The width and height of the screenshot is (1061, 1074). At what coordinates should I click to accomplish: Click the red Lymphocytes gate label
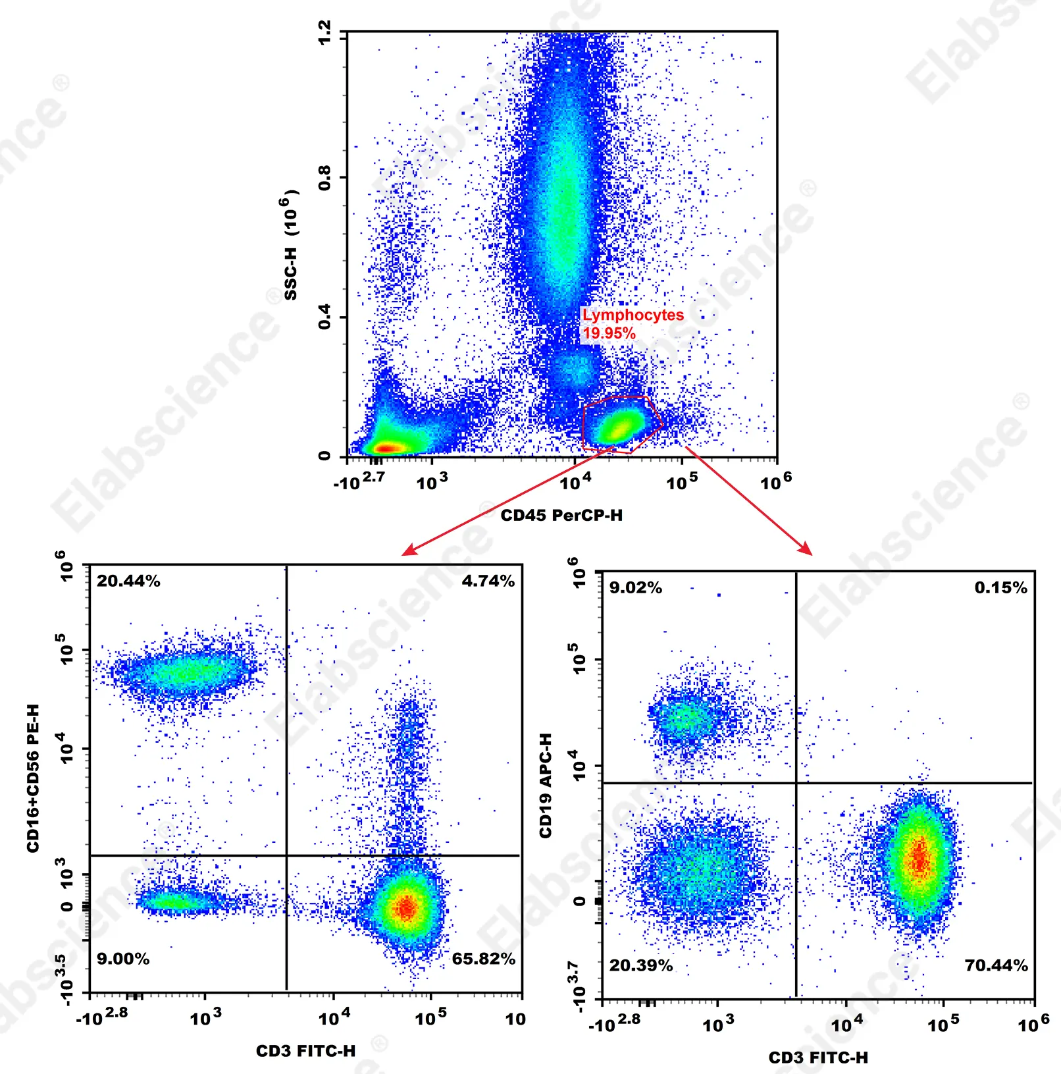point(633,315)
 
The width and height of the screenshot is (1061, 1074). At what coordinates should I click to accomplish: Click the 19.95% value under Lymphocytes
point(609,333)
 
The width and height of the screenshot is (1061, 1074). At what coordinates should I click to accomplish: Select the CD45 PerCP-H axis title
point(561,515)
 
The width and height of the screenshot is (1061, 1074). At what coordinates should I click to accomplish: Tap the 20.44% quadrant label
point(128,581)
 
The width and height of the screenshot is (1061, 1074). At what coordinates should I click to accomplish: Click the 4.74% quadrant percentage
point(488,581)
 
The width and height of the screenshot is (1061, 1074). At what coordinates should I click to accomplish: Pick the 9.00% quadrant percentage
point(123,959)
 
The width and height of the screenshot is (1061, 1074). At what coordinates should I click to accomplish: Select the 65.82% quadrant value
point(483,959)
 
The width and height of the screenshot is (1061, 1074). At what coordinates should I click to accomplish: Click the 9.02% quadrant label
point(635,587)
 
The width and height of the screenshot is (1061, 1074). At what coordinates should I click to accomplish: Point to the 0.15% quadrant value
point(1000,587)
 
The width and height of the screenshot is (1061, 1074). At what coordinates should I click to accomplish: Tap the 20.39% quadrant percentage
point(640,965)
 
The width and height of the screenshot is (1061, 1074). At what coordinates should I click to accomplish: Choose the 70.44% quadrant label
point(996,965)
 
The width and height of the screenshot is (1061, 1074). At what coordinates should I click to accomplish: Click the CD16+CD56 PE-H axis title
point(33,778)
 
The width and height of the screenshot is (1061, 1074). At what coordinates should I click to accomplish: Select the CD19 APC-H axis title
point(546,785)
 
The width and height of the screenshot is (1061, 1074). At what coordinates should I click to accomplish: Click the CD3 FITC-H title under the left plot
point(305,1051)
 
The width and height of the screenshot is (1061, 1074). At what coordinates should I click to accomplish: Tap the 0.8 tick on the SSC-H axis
point(324,178)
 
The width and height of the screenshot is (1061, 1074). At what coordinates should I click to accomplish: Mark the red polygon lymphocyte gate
point(621,424)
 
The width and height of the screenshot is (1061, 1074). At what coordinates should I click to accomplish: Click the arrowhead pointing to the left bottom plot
point(407,550)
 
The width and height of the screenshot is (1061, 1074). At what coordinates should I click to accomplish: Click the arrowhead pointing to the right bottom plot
point(806,550)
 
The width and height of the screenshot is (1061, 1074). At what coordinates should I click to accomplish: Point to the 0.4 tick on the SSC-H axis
point(324,317)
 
